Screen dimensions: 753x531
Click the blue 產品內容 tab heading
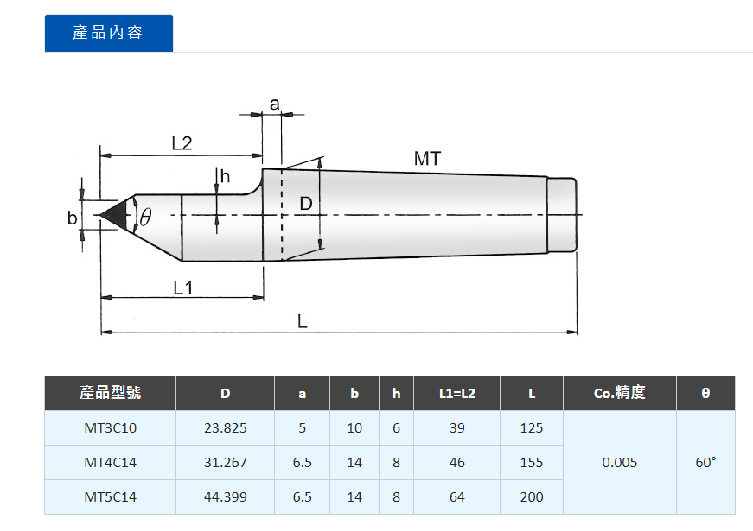click(x=109, y=33)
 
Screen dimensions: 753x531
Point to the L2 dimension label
click(x=182, y=143)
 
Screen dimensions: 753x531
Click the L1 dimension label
click(x=183, y=288)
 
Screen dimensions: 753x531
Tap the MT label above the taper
click(x=427, y=159)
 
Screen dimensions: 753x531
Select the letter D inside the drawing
click(x=306, y=204)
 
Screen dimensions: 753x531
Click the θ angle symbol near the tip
click(x=145, y=217)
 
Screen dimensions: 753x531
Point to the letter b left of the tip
click(x=72, y=218)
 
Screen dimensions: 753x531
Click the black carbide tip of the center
click(x=115, y=215)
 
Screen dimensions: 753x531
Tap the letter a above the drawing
click(x=274, y=104)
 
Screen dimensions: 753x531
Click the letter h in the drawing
click(x=225, y=176)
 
